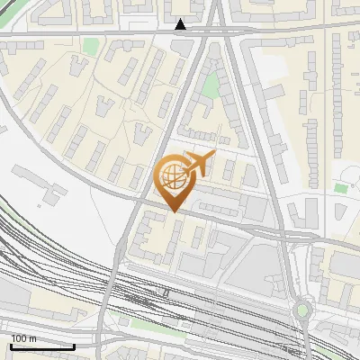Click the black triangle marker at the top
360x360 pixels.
click(181, 24)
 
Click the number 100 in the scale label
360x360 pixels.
click(19, 338)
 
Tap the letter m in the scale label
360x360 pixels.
click(32, 338)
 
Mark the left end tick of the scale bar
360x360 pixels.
click(11, 346)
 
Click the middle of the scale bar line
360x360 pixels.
click(42, 346)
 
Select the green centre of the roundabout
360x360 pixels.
click(302, 311)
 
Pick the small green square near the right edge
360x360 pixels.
click(340, 188)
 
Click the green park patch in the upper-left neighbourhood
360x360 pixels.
click(90, 45)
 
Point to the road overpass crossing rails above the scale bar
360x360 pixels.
click(109, 306)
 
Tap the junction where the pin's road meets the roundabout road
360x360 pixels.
click(286, 236)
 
